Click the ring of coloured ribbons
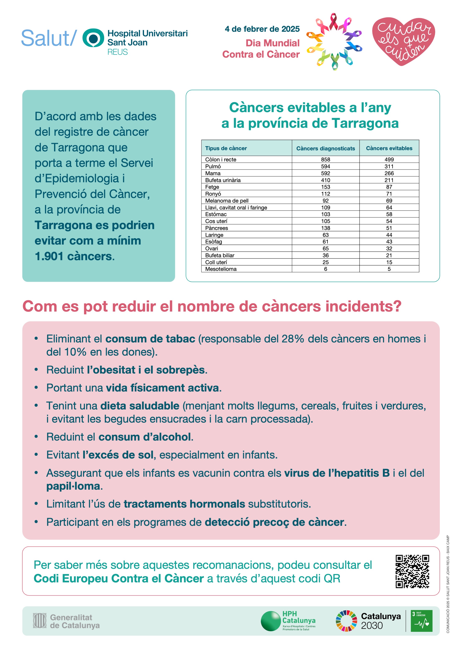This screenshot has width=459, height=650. point(334,42)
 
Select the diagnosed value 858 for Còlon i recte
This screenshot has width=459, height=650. point(325,159)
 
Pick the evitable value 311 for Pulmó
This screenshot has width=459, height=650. point(389,166)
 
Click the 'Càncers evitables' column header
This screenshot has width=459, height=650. point(389,148)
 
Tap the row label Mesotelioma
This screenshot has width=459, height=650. point(221,269)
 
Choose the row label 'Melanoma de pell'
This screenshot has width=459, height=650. point(227,201)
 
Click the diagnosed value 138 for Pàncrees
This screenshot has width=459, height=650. point(325,228)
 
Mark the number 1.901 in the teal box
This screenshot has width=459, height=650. point(49,256)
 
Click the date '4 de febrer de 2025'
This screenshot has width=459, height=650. point(262,29)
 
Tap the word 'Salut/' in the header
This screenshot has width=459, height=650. point(49,38)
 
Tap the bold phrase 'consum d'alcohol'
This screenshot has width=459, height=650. point(144,437)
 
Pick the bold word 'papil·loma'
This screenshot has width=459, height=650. point(73,486)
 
